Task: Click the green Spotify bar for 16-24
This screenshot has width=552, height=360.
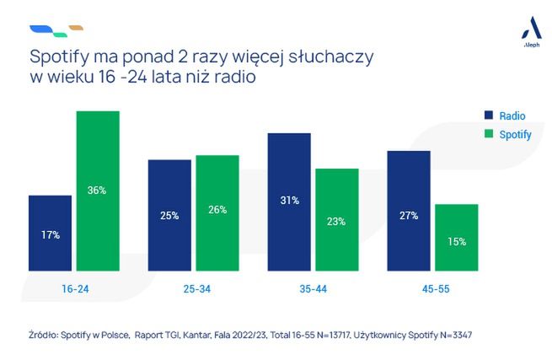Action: [98, 191]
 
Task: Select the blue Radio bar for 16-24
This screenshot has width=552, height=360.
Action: [50, 234]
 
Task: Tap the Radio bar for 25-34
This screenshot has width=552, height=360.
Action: [169, 216]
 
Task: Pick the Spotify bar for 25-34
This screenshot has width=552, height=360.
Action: [217, 213]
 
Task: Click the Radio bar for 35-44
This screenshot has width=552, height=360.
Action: [289, 202]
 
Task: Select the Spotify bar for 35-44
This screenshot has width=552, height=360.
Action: [337, 220]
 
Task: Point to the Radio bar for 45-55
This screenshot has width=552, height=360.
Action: [409, 212]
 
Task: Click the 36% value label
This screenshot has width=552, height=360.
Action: [98, 191]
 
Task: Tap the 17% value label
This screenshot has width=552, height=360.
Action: [50, 235]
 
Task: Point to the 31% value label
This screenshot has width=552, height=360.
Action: [289, 200]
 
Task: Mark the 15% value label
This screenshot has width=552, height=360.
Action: [457, 241]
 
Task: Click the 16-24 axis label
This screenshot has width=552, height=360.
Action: [74, 289]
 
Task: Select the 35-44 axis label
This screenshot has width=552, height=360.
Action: [313, 289]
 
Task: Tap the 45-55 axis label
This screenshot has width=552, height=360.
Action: [432, 289]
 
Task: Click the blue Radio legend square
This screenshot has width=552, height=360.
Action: [489, 115]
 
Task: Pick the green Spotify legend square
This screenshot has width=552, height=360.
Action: [489, 134]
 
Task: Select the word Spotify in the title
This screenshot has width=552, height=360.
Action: [58, 58]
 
